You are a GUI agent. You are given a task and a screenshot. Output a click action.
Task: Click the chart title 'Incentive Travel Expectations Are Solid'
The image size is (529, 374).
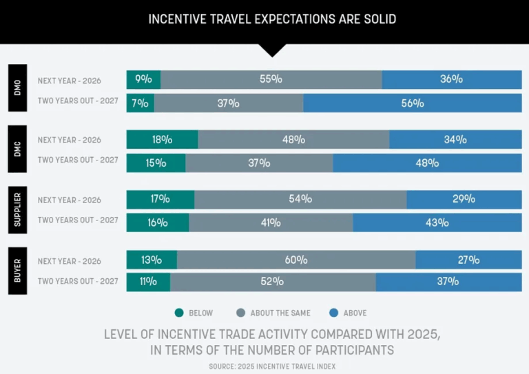[272, 19]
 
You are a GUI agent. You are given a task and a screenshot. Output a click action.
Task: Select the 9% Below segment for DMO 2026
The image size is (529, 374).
[143, 79]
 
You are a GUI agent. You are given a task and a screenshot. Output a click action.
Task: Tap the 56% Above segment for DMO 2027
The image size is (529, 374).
[412, 103]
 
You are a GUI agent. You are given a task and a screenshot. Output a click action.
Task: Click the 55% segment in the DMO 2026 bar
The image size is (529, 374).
[271, 79]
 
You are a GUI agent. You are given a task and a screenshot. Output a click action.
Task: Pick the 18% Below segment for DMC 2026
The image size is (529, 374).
[162, 140]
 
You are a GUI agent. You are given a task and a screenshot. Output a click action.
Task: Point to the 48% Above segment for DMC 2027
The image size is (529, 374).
[427, 163]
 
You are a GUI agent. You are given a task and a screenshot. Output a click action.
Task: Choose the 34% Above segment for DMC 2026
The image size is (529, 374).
[455, 140]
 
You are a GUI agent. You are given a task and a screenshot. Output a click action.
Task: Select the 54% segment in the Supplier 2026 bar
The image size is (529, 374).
[300, 199]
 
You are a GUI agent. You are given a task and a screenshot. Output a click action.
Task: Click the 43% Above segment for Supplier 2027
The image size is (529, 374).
[437, 222]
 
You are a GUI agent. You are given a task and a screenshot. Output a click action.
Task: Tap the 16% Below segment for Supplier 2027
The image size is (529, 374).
[157, 222]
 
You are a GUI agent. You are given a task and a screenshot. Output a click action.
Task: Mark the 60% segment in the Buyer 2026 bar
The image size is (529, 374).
[295, 260]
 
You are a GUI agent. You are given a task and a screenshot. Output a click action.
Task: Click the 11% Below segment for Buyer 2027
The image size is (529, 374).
[148, 282]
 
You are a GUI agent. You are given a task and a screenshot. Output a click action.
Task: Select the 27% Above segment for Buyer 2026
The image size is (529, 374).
[468, 260]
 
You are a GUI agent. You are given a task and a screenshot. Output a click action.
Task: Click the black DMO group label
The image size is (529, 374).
[18, 88]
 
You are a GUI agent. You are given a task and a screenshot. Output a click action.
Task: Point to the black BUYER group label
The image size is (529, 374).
[18, 271]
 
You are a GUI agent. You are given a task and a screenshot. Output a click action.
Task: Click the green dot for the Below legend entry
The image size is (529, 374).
[180, 313]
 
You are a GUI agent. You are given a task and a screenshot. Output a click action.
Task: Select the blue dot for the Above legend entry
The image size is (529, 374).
[334, 313]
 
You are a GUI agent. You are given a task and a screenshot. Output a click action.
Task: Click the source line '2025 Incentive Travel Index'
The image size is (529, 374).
[272, 366]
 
